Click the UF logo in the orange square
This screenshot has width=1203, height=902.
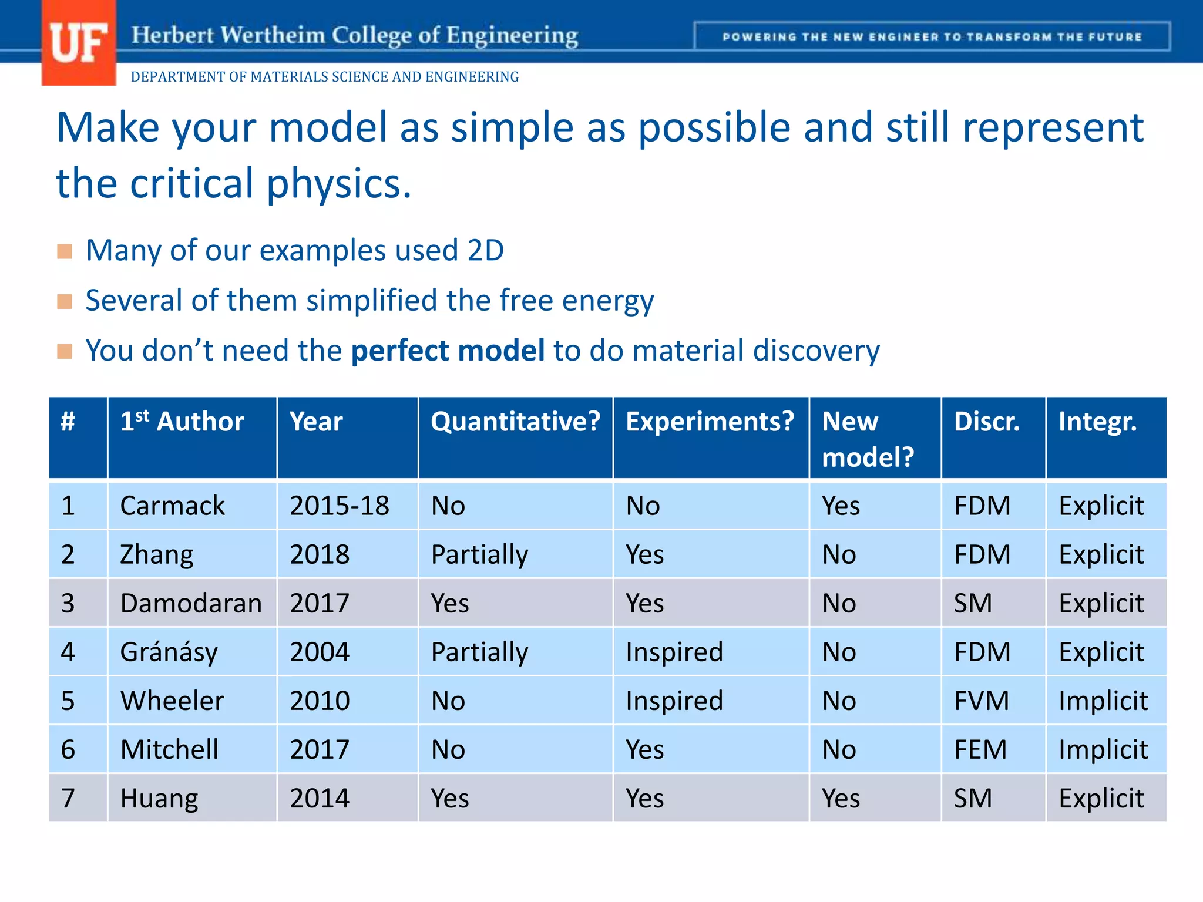pos(79,43)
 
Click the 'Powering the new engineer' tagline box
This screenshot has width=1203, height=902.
pos(932,37)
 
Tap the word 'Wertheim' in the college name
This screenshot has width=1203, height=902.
pos(273,35)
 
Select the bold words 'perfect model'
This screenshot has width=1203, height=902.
pos(448,351)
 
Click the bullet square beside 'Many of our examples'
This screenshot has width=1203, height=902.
pos(65,251)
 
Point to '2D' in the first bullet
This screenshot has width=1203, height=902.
pos(485,251)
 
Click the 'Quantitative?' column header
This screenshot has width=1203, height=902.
pos(515,422)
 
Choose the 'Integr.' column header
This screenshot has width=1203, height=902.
pos(1097,422)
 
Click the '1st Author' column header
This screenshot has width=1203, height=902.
pos(182,422)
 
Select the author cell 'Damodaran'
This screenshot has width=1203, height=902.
pos(191,603)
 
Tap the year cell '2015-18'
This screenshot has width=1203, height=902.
pos(340,506)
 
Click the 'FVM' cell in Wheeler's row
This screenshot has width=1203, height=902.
pos(981,701)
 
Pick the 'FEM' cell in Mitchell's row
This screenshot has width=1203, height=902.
pos(980,749)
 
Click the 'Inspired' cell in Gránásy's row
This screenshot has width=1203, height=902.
pos(674,652)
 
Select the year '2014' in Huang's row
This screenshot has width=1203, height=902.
pos(320,798)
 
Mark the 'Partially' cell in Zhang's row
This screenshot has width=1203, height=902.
pos(479,554)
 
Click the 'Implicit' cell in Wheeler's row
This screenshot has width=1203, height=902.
pos(1103,701)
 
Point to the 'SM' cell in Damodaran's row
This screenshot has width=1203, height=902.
pos(972,603)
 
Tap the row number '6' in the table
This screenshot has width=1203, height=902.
pos(68,749)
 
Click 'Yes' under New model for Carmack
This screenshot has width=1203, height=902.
pos(841,506)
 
